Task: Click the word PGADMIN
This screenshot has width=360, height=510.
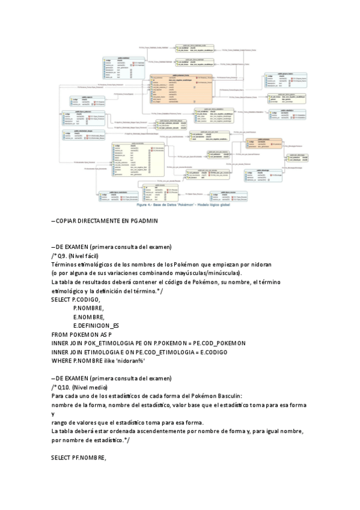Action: tap(144, 220)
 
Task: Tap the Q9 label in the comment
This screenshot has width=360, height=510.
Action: tap(61, 256)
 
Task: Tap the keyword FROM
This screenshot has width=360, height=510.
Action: tap(61, 334)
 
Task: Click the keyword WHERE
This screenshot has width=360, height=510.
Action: tap(63, 360)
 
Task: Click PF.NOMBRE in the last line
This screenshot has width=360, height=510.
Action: tap(90, 458)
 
